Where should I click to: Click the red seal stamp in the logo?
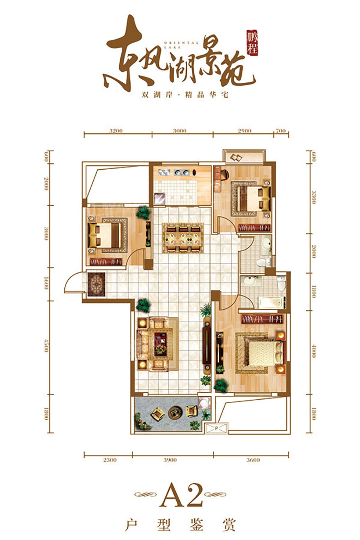pyautogui.click(x=254, y=44)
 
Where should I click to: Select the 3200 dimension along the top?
pyautogui.click(x=116, y=131)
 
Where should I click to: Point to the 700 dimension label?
pyautogui.click(x=280, y=131)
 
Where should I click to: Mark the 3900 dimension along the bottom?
pyautogui.click(x=173, y=460)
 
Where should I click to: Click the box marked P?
pyautogui.click(x=216, y=428)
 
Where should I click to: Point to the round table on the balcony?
pyautogui.click(x=175, y=411)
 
